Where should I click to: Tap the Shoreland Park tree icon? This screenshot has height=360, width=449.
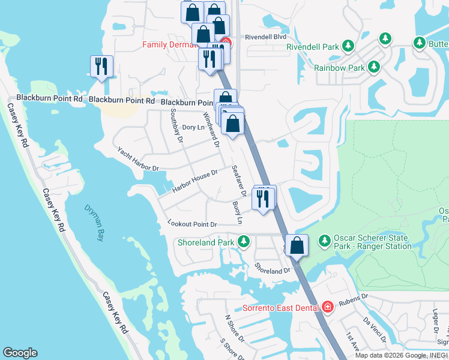[x=243, y=242]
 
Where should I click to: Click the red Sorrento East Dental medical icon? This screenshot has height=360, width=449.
[x=327, y=308]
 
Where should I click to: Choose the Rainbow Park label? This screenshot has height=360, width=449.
[x=339, y=68]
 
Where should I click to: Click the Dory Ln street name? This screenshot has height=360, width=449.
[x=193, y=127]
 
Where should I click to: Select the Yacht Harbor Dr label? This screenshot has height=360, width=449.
[x=137, y=159]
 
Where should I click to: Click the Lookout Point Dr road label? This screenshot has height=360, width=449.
[x=191, y=224]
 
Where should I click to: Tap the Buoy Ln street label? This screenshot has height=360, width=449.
[x=238, y=212]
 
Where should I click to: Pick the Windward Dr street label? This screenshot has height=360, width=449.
[x=210, y=128]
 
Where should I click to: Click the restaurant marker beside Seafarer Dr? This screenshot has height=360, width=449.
[x=262, y=199]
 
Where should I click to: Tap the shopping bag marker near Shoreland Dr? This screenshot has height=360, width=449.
[x=297, y=245]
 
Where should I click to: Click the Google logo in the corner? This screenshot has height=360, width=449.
[x=20, y=353]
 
